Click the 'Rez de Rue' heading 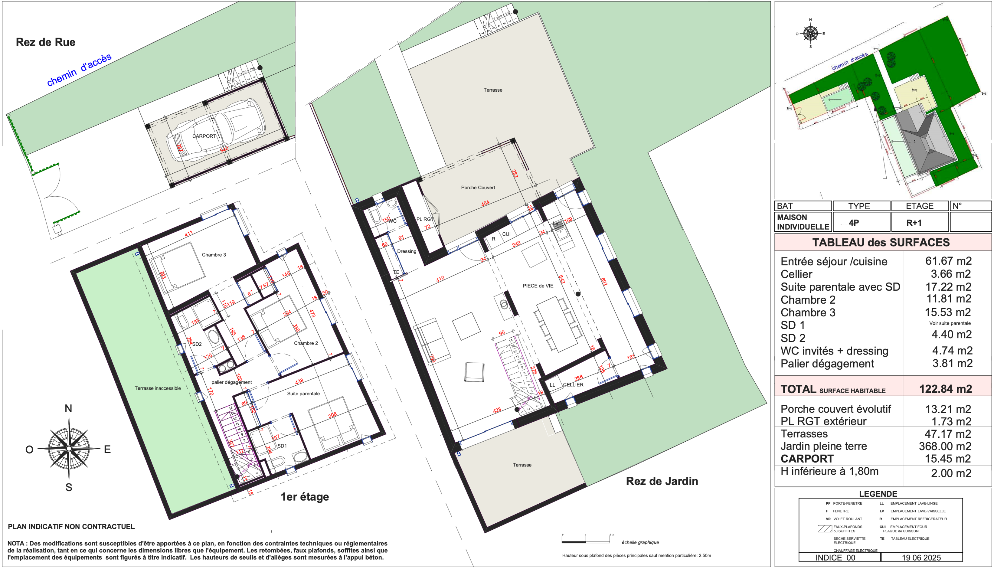(45, 42)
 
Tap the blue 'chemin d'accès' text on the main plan (79, 70)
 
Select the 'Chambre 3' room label (214, 255)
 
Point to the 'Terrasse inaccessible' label (158, 388)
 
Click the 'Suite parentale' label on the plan (303, 393)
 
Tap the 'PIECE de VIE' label (538, 286)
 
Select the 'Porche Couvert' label (478, 187)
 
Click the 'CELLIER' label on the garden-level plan (573, 385)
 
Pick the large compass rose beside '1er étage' (69, 448)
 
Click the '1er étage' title (305, 497)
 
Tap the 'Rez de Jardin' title (662, 481)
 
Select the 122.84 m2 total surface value (945, 389)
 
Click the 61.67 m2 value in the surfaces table (948, 261)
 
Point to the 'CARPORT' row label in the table (807, 458)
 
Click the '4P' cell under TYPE (854, 223)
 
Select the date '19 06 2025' (921, 558)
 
